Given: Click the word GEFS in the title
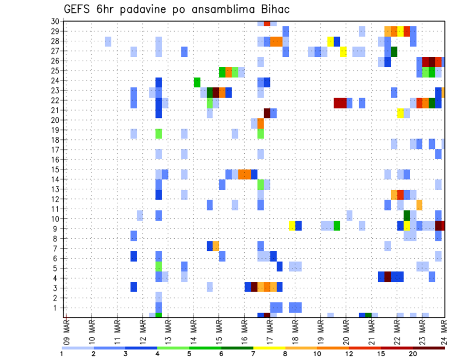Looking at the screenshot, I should point(79,9).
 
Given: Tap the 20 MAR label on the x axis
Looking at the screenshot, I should point(346,331).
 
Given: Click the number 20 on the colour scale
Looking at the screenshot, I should point(413,354).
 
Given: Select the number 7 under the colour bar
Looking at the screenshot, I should point(253,354).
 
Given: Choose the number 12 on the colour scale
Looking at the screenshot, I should point(349,354).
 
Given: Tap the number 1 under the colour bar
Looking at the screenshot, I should point(62,354).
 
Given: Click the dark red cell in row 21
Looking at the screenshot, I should point(267,113).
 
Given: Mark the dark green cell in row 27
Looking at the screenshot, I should point(394,51).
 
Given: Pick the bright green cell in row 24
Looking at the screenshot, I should point(197,82).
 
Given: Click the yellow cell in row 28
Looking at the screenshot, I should point(331,41).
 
